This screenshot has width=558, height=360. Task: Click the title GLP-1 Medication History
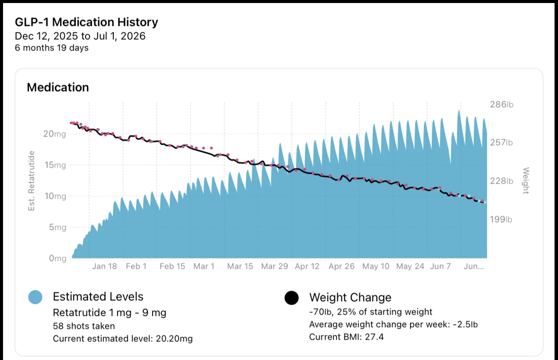[87, 22]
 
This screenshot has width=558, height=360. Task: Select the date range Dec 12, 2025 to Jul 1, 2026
[80, 36]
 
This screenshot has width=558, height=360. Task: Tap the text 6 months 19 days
[51, 48]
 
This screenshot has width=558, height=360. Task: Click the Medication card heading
[58, 87]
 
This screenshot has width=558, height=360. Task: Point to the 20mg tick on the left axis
[55, 134]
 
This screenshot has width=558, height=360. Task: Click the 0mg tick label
[58, 258]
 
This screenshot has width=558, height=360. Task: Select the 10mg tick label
[55, 196]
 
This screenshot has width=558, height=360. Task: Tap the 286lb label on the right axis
[502, 104]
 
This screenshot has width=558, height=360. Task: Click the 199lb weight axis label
[501, 220]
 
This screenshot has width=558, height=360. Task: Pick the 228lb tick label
[502, 181]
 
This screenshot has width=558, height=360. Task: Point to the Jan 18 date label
[104, 266]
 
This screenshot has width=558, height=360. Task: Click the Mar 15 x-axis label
[240, 266]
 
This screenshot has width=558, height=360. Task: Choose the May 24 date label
[410, 266]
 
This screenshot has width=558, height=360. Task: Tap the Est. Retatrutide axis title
[32, 181]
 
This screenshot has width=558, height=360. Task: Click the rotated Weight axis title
[526, 181]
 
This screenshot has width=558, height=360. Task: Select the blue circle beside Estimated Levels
[35, 297]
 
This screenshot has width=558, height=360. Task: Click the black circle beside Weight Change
[292, 298]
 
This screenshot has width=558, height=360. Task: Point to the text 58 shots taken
[84, 326]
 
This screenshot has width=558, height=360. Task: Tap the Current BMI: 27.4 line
[346, 337]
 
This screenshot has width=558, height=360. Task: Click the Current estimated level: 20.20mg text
[123, 339]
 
